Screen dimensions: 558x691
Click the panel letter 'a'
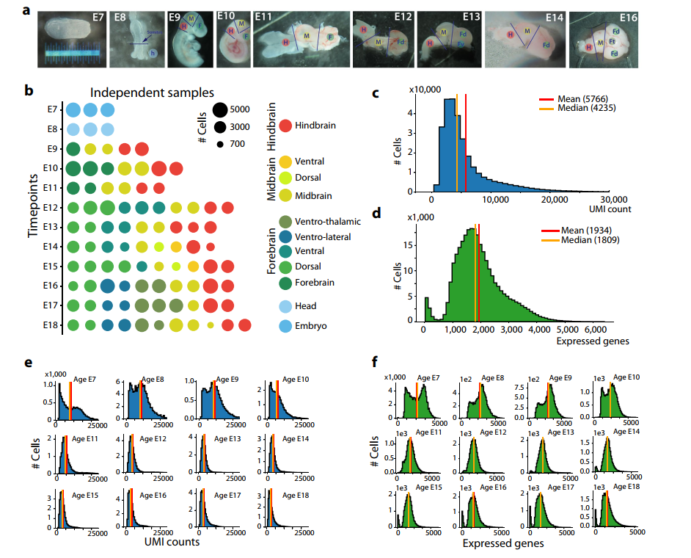point(28,12)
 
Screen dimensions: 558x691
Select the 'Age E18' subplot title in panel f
point(627,486)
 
